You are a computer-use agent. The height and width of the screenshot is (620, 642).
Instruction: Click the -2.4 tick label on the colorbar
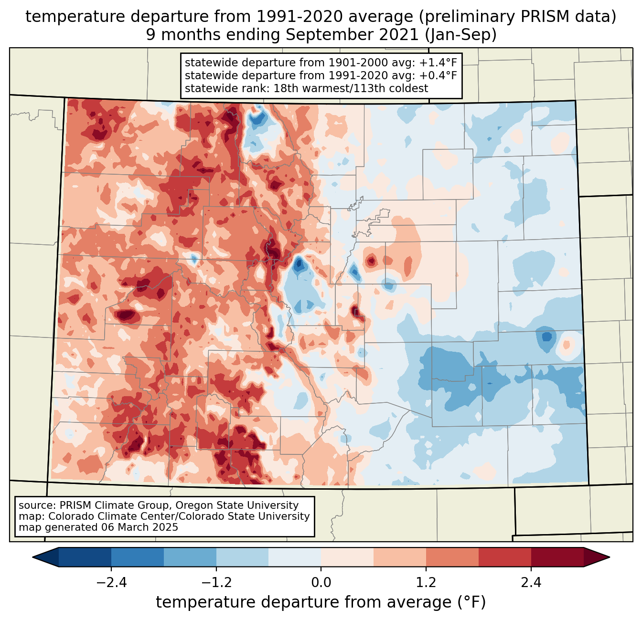tap(111, 583)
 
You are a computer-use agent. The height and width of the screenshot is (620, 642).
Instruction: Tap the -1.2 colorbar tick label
tap(216, 583)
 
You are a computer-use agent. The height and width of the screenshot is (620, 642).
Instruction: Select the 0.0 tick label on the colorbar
tap(321, 583)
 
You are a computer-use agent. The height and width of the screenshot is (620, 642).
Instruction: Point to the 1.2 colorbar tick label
tap(426, 583)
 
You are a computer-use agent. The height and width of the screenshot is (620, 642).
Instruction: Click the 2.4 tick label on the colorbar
tap(531, 583)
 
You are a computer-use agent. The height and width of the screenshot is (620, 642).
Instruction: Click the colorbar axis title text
tap(321, 602)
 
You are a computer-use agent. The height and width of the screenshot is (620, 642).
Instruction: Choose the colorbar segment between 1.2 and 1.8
tap(452, 557)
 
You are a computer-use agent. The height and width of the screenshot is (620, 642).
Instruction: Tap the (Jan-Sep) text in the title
tap(460, 35)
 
